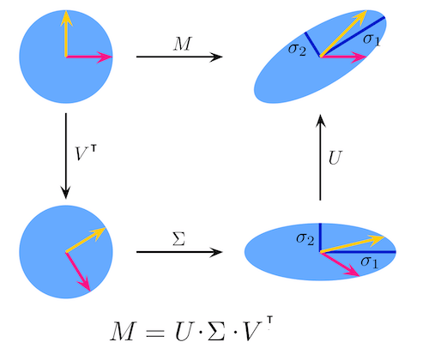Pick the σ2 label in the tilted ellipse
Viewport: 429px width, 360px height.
(298, 51)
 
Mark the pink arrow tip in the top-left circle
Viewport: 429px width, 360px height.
(111, 57)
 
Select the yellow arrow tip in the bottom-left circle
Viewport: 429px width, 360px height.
(103, 230)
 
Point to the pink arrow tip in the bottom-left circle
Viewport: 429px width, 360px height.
(88, 291)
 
